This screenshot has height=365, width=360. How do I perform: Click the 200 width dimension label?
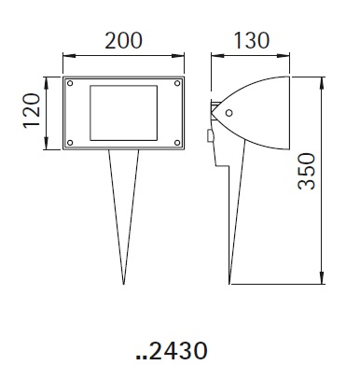123,41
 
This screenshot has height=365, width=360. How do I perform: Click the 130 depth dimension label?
251,41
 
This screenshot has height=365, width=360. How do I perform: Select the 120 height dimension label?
32,110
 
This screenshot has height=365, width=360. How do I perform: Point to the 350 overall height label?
306,171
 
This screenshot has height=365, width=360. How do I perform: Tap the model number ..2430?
172,350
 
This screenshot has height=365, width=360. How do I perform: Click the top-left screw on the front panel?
70,83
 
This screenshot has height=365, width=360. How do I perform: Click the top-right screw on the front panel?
177,83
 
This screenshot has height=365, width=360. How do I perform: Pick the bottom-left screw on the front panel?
70,143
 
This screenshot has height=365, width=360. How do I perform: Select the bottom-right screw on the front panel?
177,143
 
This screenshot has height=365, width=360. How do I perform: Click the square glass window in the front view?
123,113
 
